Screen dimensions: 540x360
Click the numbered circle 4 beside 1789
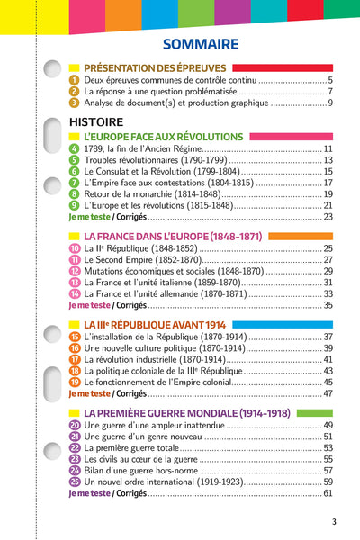(74, 148)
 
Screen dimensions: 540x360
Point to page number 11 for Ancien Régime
(328, 148)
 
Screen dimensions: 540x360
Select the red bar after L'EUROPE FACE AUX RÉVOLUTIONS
(288, 136)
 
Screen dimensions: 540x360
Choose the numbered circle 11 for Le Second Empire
(75, 259)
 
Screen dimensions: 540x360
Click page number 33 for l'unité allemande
(328, 293)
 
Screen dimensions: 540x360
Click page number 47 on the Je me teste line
(328, 393)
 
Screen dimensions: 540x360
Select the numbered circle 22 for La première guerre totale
(75, 447)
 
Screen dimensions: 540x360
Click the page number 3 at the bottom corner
(334, 522)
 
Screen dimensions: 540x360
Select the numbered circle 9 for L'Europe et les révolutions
(74, 205)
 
